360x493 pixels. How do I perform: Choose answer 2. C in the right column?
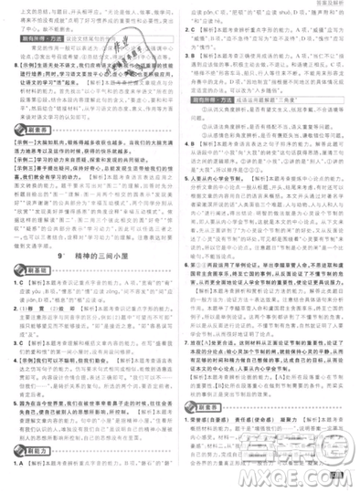pos(193,30)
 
